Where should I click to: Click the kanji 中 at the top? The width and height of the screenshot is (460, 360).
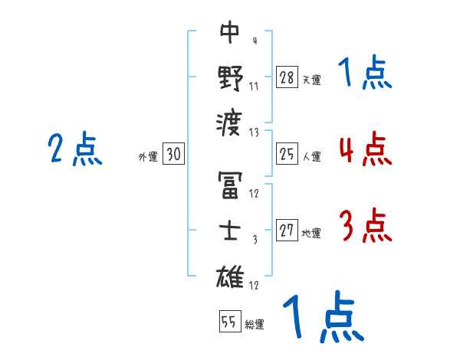click(x=230, y=33)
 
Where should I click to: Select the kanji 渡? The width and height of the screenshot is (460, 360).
click(x=230, y=121)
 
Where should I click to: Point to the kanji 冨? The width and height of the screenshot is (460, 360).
click(x=230, y=185)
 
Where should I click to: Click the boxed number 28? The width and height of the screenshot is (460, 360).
click(x=287, y=77)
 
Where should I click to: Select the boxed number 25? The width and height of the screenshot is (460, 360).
click(x=287, y=154)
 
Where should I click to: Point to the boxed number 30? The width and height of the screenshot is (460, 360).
click(x=173, y=154)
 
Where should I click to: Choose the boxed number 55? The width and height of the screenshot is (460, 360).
click(x=229, y=322)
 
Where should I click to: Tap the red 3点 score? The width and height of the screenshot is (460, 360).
click(x=365, y=227)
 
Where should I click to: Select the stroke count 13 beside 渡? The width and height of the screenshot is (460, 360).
click(x=254, y=132)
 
